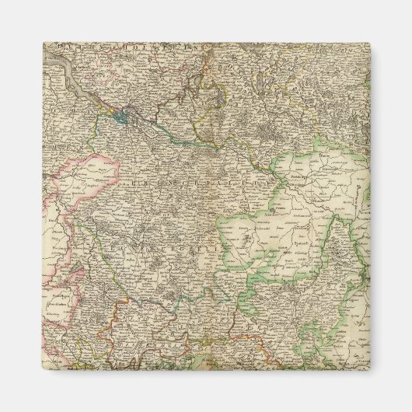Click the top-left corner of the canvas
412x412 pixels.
coord(44,44)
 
